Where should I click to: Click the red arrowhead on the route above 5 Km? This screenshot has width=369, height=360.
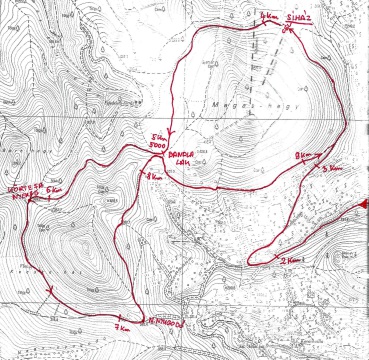pyautogui.click(x=170, y=128)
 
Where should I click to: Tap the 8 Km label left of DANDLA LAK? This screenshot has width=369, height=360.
pyautogui.click(x=153, y=177)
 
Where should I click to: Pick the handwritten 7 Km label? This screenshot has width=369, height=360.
pyautogui.click(x=124, y=327)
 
